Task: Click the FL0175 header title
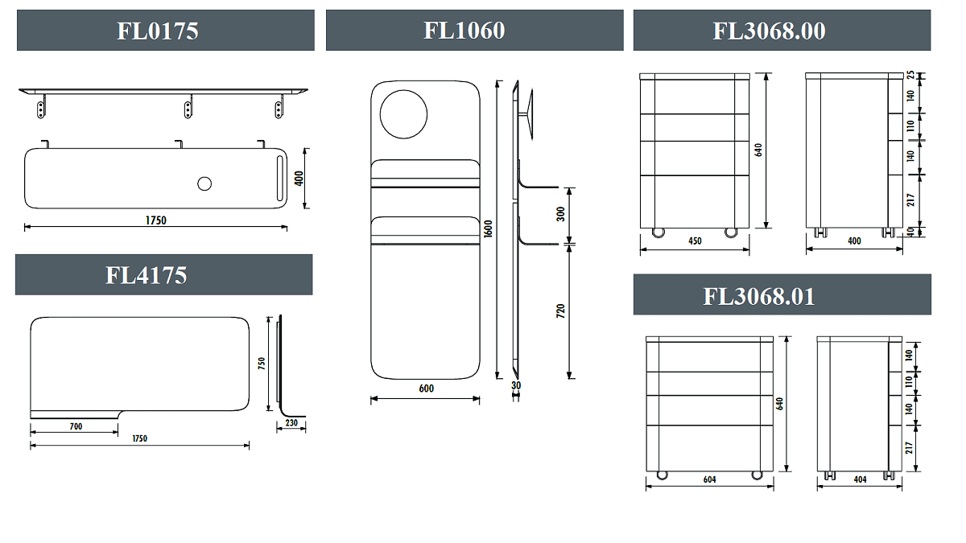[x=158, y=31]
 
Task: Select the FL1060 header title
[x=464, y=31]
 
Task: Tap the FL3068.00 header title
[x=769, y=31]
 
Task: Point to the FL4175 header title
[x=147, y=275]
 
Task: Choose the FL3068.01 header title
[x=759, y=297]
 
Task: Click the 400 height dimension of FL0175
[x=299, y=179]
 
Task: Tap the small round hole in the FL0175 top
[x=204, y=184]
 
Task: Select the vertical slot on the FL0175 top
[x=280, y=178]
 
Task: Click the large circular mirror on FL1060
[x=403, y=114]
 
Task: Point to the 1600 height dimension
[x=488, y=228]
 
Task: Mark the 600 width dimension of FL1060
[x=426, y=389]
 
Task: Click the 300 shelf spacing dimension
[x=560, y=214]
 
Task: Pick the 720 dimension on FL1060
[x=560, y=311]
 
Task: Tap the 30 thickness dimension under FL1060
[x=516, y=385]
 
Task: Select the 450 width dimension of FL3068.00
[x=695, y=241]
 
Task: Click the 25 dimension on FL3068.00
[x=910, y=75]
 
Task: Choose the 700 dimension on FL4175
[x=76, y=426]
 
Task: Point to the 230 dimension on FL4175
[x=291, y=423]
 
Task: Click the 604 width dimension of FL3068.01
[x=709, y=479]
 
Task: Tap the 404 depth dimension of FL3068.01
[x=860, y=479]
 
